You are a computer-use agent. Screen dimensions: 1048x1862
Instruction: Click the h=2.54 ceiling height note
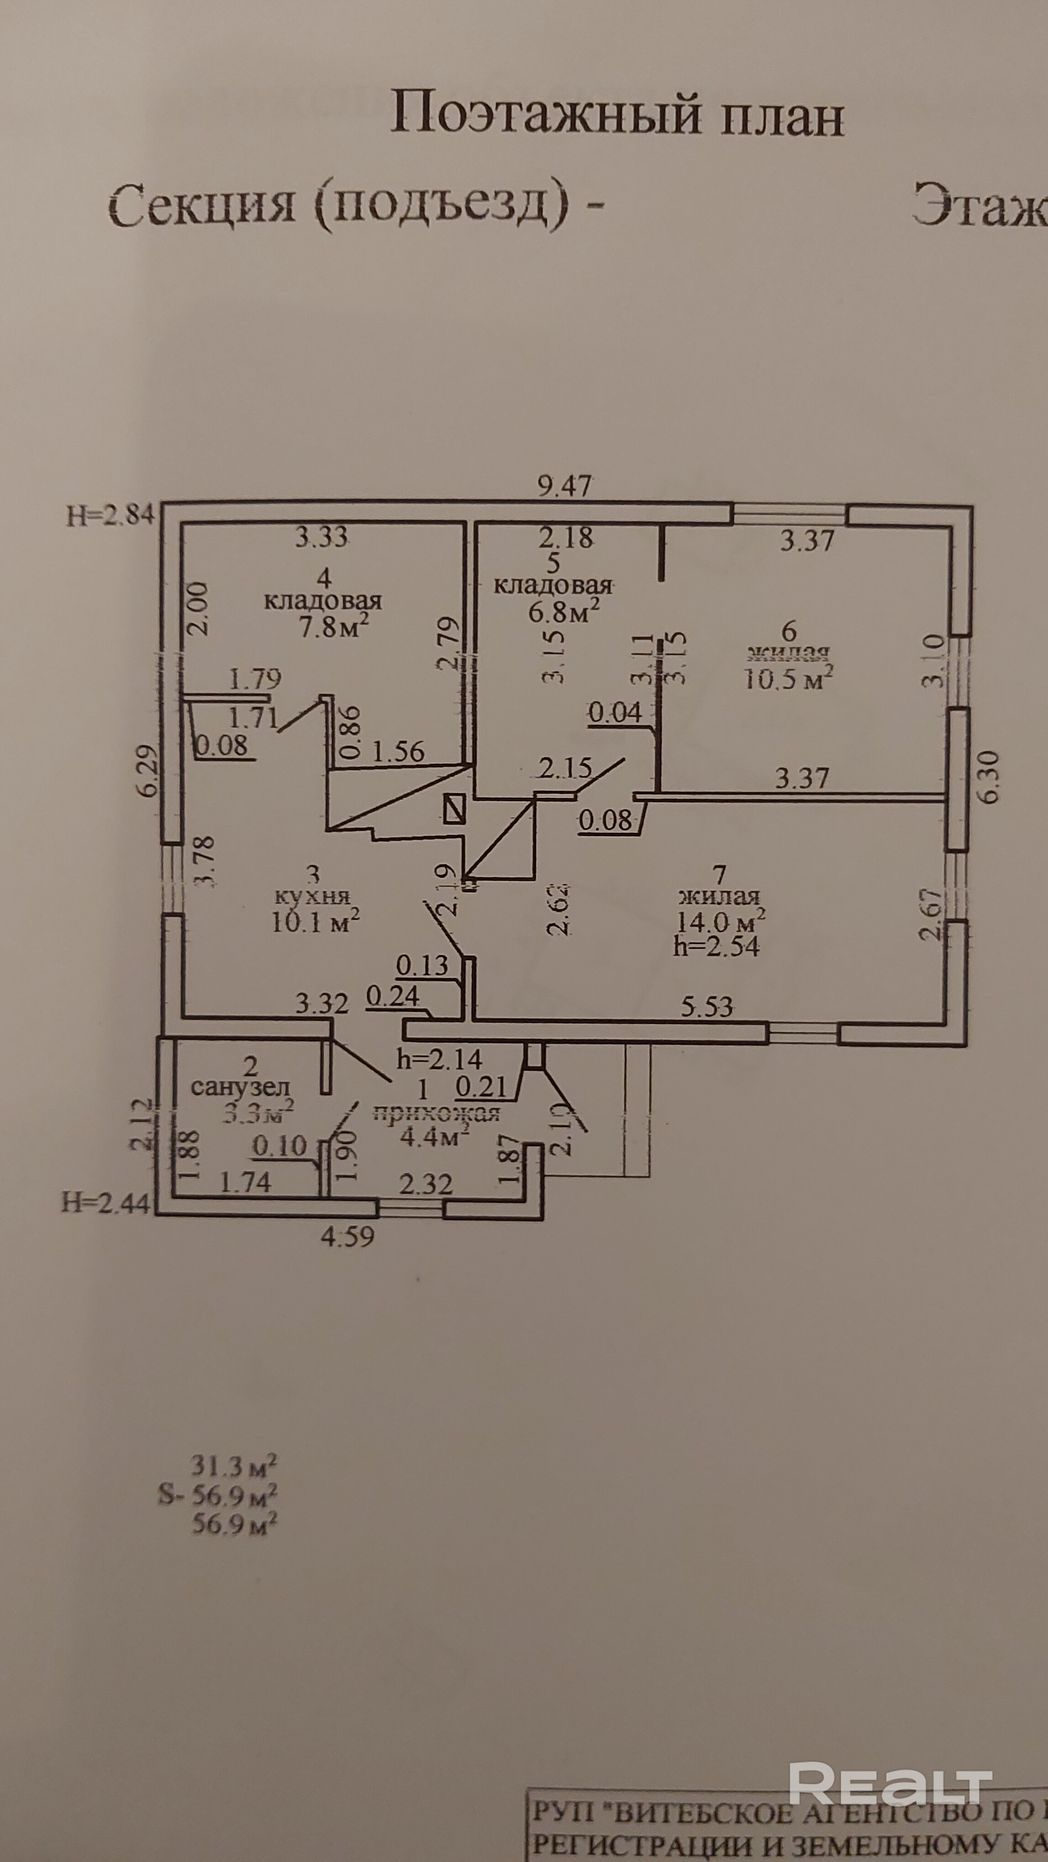point(716,946)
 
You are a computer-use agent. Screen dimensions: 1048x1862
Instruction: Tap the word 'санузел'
point(240,1087)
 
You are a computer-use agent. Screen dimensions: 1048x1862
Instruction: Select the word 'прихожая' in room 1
point(436,1113)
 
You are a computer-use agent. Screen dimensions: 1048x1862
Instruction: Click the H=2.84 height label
point(110,516)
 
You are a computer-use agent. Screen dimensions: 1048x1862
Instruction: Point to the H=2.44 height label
point(105,1203)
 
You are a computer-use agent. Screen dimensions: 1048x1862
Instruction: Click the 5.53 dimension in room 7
point(707,1006)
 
